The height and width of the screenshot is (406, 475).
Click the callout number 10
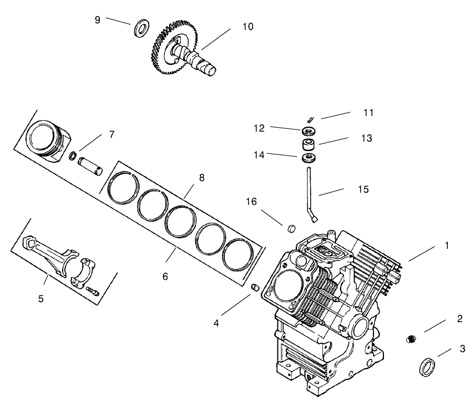point(247,27)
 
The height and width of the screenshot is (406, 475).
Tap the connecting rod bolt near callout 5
point(93,289)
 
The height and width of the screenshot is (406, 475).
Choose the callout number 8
point(201,178)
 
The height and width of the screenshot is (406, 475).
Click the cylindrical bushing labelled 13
point(309,146)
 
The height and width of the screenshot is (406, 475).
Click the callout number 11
point(368,113)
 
